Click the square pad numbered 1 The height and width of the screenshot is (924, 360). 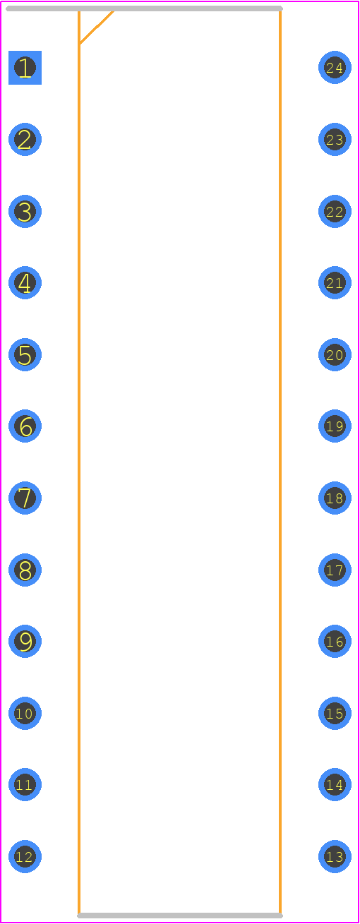(25, 68)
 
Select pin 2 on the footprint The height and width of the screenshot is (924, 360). (25, 140)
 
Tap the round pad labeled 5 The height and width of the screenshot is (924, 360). (25, 355)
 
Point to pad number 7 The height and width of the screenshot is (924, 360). (25, 498)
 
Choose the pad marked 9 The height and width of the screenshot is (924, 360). (25, 642)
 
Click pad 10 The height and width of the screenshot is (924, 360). (25, 713)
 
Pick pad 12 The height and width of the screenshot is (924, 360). (25, 857)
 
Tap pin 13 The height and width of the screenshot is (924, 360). (335, 857)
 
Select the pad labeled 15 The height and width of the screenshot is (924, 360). (335, 713)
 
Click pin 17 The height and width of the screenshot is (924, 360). (335, 570)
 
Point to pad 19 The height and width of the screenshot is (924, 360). (335, 426)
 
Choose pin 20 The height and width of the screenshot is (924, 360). (335, 355)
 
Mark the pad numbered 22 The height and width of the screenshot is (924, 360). (335, 211)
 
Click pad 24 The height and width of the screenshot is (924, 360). (335, 68)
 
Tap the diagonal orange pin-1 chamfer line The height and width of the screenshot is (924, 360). (97, 28)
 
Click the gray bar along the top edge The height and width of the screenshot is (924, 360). (144, 8)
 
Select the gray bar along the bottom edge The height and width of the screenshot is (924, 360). (180, 916)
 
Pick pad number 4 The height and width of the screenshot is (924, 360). (25, 283)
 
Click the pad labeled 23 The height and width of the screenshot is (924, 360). (335, 140)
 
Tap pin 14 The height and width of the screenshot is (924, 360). (335, 784)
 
